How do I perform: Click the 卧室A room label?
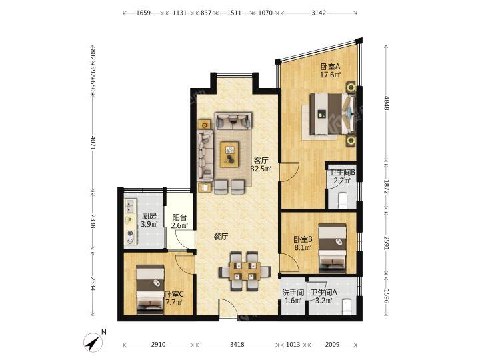point(330,67)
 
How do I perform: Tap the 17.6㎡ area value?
point(330,75)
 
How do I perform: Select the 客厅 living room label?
point(261,161)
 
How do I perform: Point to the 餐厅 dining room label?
point(221,236)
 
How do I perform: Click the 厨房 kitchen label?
point(149,217)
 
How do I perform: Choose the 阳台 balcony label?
point(179,217)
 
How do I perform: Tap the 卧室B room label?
point(303,239)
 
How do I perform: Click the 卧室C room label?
point(174,295)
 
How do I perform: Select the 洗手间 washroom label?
point(293,293)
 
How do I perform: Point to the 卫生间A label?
point(323,293)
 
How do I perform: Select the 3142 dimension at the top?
point(319,13)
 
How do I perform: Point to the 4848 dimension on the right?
point(386,103)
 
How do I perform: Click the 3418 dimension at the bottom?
point(237,345)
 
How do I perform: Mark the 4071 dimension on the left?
point(93,143)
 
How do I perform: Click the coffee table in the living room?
point(229,154)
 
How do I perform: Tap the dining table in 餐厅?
point(244,271)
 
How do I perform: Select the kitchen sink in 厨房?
point(130,206)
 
